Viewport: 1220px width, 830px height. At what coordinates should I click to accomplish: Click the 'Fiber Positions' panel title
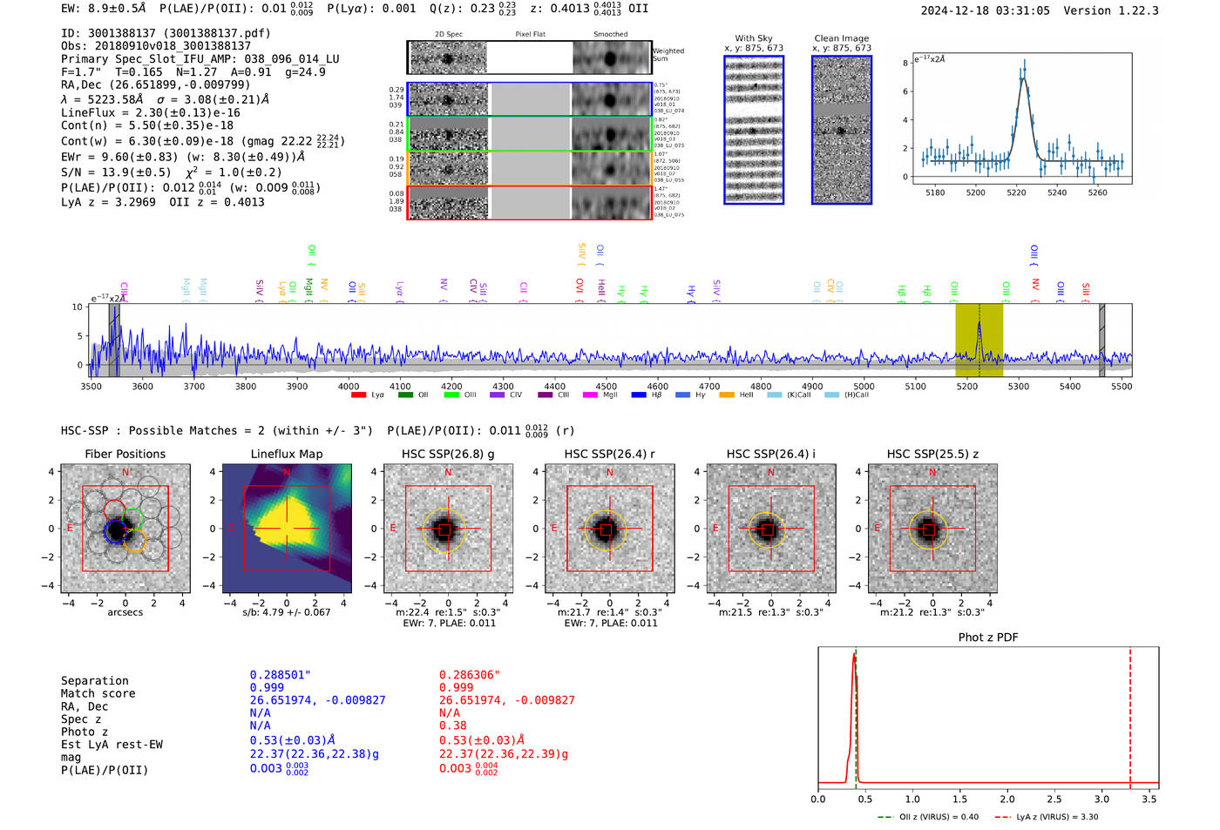(125, 454)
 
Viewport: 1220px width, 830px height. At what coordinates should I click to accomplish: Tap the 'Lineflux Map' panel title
(287, 454)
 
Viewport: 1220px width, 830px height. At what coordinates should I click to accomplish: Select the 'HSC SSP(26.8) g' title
(448, 454)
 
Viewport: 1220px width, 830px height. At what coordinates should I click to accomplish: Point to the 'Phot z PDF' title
(988, 637)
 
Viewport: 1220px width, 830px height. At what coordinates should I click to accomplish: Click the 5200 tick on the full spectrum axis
(967, 386)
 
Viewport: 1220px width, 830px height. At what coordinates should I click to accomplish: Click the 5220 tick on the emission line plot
(1016, 192)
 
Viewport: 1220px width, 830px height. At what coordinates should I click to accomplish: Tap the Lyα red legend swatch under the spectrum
(358, 395)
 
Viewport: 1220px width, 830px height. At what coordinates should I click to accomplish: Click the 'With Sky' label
(754, 38)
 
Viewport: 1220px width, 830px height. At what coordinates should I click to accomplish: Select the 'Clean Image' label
(841, 38)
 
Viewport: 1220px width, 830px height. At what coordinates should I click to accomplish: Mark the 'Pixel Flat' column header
(530, 34)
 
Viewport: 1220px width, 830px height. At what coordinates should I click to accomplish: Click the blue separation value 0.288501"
(280, 675)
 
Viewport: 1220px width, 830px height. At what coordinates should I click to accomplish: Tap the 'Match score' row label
(98, 693)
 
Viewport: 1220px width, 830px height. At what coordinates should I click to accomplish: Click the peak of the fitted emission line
(1024, 79)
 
